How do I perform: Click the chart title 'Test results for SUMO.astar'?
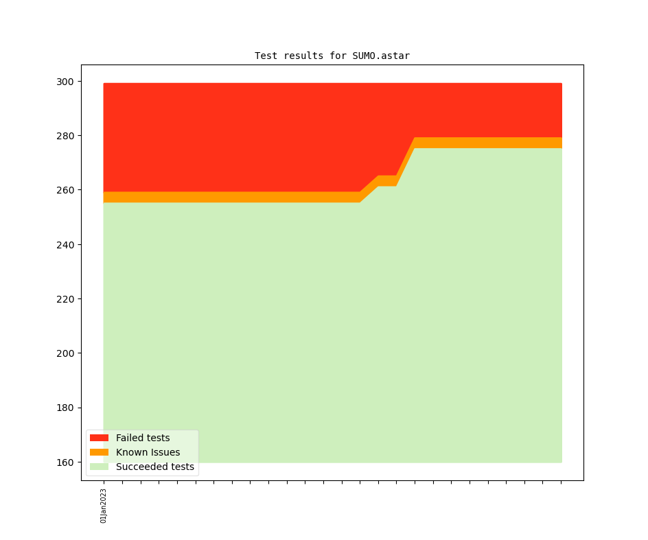point(332,56)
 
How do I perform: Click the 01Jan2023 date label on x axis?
point(104,506)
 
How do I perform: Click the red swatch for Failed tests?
point(99,438)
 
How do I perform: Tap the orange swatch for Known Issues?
point(99,452)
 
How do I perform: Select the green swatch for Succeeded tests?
point(99,467)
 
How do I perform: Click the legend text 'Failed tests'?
point(143,438)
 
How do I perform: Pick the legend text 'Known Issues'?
point(148,452)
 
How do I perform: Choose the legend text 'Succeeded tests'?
point(155,467)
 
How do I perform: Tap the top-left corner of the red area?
point(104,84)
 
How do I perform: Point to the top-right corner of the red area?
point(561,84)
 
